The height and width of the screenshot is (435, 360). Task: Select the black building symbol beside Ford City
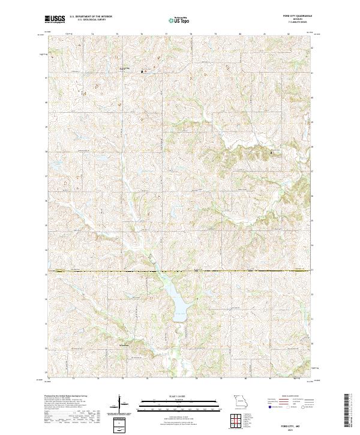click(143, 71)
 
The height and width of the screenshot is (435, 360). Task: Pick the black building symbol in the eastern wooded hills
click(271, 152)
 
